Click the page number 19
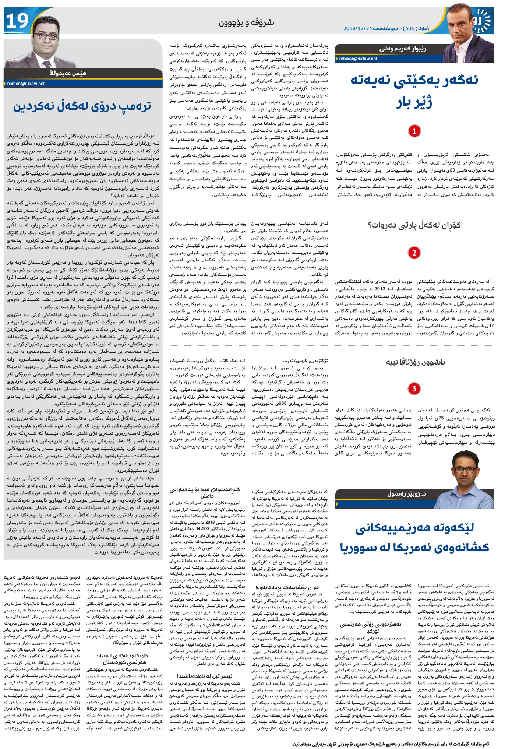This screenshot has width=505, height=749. pyautogui.click(x=17, y=21)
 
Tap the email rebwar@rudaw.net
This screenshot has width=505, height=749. pyautogui.click(x=358, y=59)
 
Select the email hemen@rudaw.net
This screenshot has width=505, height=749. pyautogui.click(x=26, y=84)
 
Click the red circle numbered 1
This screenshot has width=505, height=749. pyautogui.click(x=414, y=131)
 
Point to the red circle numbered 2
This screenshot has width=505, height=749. pyautogui.click(x=414, y=253)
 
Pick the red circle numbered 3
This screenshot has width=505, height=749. pyautogui.click(x=414, y=389)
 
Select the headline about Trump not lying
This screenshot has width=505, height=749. pyautogui.click(x=82, y=106)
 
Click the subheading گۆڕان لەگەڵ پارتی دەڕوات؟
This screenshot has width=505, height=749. pyautogui.click(x=409, y=225)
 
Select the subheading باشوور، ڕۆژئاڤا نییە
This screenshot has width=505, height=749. pyautogui.click(x=416, y=362)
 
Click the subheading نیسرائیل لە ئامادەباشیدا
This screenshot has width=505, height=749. pyautogui.click(x=210, y=676)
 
